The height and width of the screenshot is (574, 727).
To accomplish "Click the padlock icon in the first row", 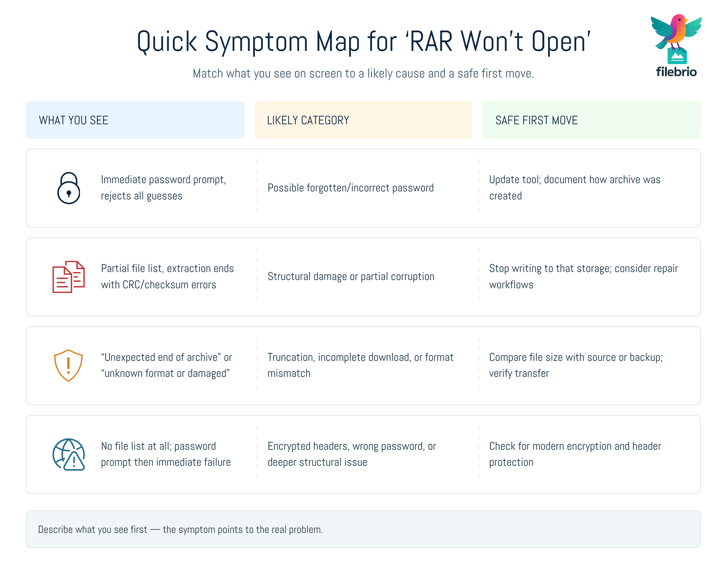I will [x=68, y=188].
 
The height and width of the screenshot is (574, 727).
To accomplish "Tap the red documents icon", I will [x=68, y=277].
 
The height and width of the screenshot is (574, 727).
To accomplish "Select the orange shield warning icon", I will [x=68, y=366].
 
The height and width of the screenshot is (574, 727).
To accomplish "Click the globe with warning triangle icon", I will [x=68, y=454].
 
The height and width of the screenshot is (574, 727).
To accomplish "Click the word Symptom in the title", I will [x=256, y=42].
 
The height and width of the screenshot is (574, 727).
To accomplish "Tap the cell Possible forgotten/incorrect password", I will [x=350, y=188].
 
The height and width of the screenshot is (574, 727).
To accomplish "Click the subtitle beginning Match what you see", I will [x=363, y=74].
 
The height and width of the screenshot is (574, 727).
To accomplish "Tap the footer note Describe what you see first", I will [x=180, y=530].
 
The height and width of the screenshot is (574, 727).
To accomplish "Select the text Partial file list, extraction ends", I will [x=167, y=268].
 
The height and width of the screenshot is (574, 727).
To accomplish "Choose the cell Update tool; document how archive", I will [x=574, y=180].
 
